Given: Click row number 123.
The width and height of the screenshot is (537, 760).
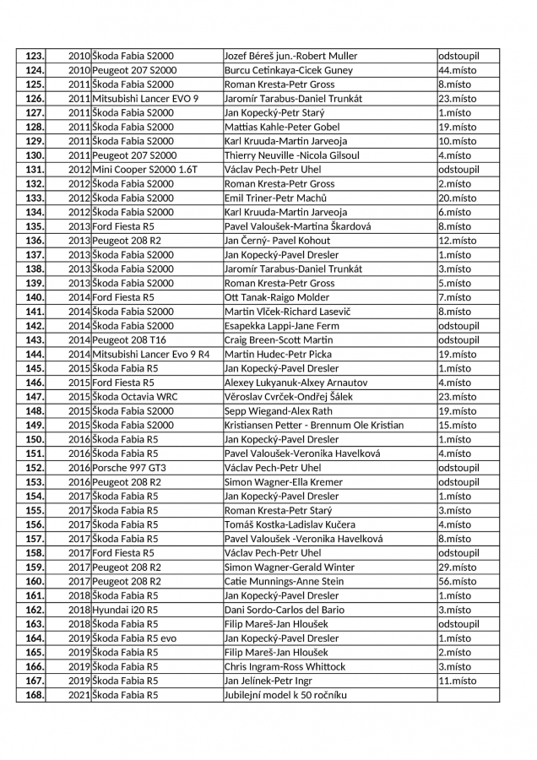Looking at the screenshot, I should coord(35,56).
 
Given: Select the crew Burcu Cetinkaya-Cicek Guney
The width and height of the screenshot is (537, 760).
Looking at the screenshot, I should coord(288,70).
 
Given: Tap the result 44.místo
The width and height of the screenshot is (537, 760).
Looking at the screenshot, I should coord(455,70).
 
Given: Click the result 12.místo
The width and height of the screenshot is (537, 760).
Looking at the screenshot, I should coord(457,241).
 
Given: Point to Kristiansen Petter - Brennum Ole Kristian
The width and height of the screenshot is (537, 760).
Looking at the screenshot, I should coord(314,425).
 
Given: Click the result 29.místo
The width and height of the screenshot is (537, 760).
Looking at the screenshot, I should coord(457,567).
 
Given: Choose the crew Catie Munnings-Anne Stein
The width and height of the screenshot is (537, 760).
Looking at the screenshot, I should coord(284,581).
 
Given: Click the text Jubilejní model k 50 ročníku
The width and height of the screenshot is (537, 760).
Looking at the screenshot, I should coord(285,695).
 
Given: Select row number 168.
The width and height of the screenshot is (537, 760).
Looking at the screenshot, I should coord(35,695).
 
